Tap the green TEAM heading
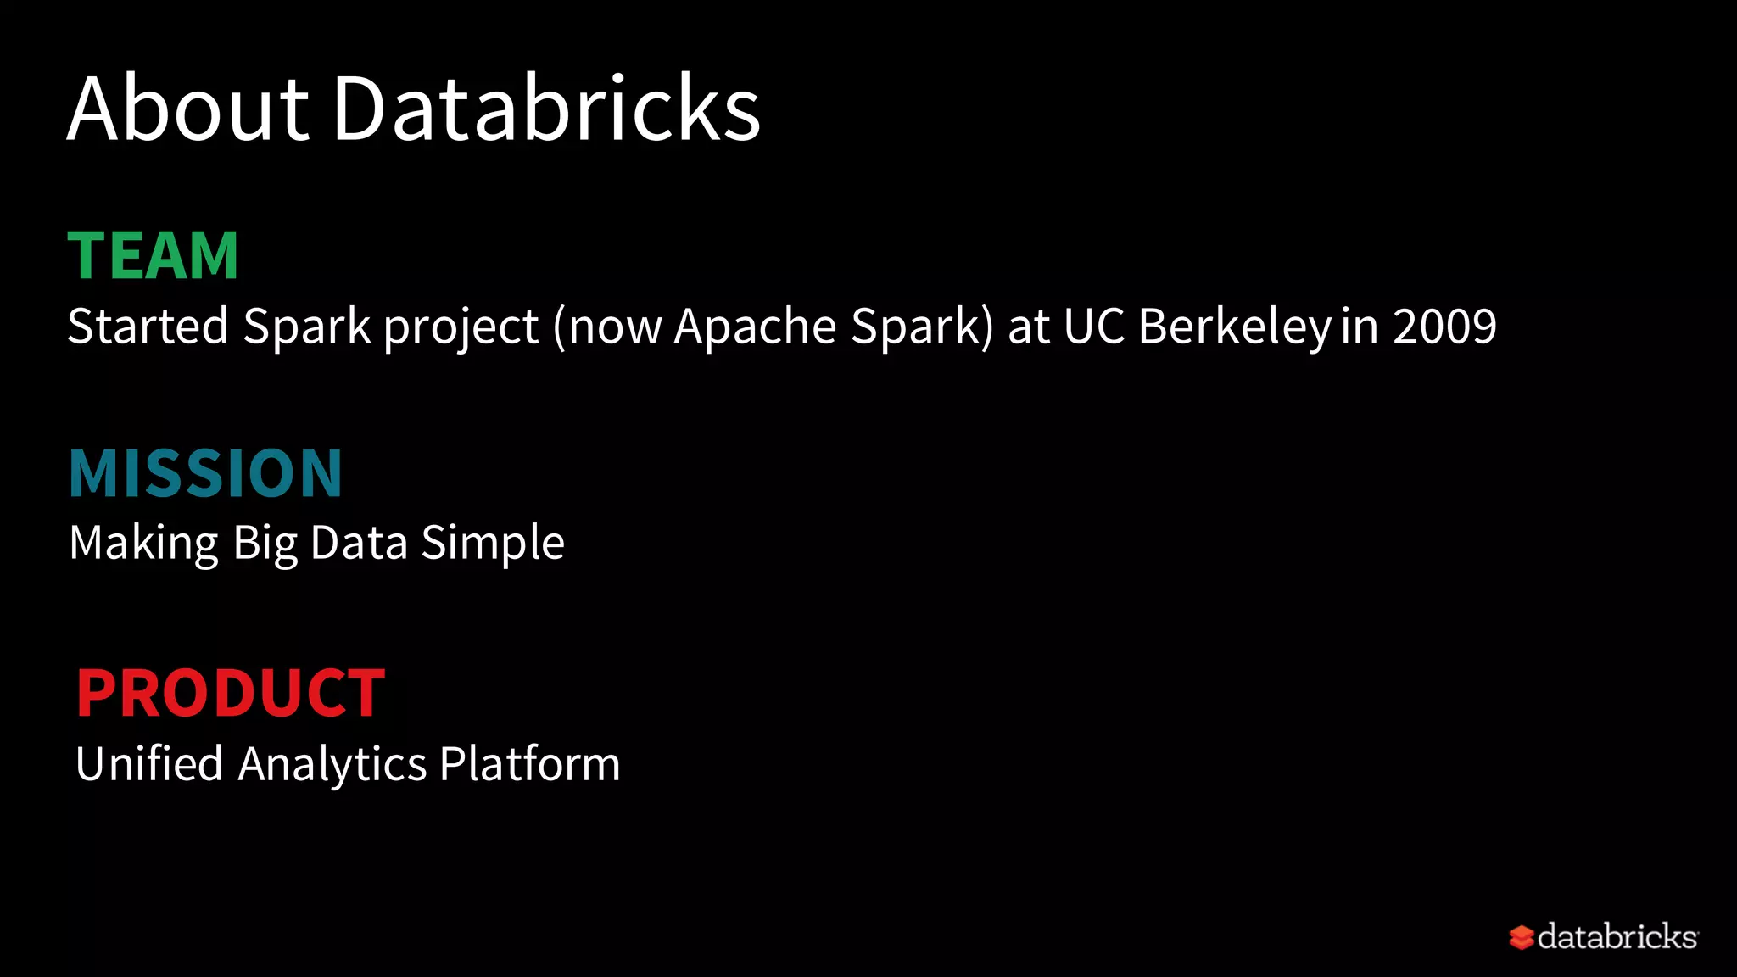(154, 255)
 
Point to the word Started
(148, 327)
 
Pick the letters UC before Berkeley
(1094, 327)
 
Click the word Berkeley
(1235, 327)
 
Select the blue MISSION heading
(206, 473)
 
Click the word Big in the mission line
(265, 544)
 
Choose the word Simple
(493, 544)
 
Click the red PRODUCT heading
(231, 693)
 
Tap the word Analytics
(332, 764)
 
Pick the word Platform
(530, 764)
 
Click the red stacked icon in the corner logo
(1522, 937)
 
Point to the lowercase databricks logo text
(1617, 937)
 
